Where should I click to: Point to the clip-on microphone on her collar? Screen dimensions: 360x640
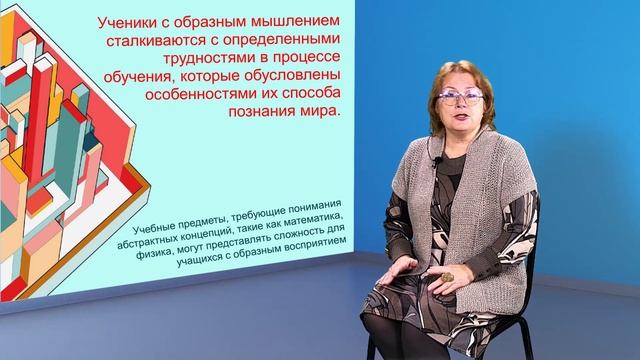pyautogui.click(x=435, y=162)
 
